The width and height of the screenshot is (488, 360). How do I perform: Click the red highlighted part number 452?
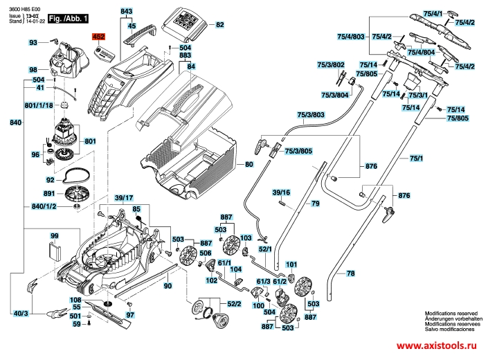click(x=98, y=35)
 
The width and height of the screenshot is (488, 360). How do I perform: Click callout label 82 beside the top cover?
click(x=220, y=25)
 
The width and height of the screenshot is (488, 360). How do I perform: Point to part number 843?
click(x=126, y=13)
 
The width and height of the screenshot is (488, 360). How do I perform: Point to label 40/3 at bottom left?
click(x=21, y=314)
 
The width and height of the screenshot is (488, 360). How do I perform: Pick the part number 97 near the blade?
click(x=129, y=314)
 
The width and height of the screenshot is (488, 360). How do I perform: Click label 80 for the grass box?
click(x=249, y=165)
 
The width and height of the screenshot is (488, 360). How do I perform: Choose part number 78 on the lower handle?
click(x=350, y=274)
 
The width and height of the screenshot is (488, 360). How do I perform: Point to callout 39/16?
click(x=281, y=192)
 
